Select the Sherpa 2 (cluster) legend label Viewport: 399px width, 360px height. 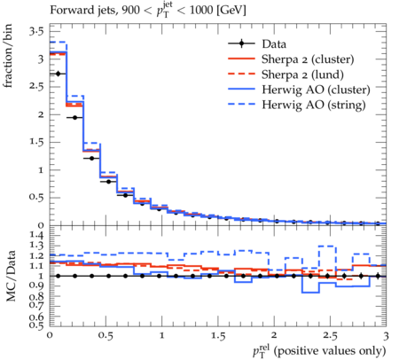click(308, 59)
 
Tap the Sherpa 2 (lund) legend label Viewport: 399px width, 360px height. click(302, 74)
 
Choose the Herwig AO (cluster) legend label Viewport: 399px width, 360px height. click(316, 90)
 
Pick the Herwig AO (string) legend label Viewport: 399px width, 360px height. click(314, 105)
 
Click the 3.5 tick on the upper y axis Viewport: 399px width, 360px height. click(36, 31)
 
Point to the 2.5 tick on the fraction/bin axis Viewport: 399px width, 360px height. click(36, 87)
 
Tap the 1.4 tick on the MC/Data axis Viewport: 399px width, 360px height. click(36, 236)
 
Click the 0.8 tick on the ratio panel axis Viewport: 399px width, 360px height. click(36, 296)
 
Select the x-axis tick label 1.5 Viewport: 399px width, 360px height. click(218, 335)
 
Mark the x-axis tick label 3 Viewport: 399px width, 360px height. click(386, 335)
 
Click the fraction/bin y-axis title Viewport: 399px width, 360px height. click(8, 56)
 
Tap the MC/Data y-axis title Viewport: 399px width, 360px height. click(11, 276)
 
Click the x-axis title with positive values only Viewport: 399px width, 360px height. click(319, 351)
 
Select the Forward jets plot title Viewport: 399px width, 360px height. click(148, 10)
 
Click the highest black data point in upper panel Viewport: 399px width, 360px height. click(58, 74)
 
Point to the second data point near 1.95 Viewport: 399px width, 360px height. click(74, 118)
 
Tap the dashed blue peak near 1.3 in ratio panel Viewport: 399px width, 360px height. click(327, 246)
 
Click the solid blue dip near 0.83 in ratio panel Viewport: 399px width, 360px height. click(310, 293)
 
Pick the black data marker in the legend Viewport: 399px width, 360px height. click(242, 43)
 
